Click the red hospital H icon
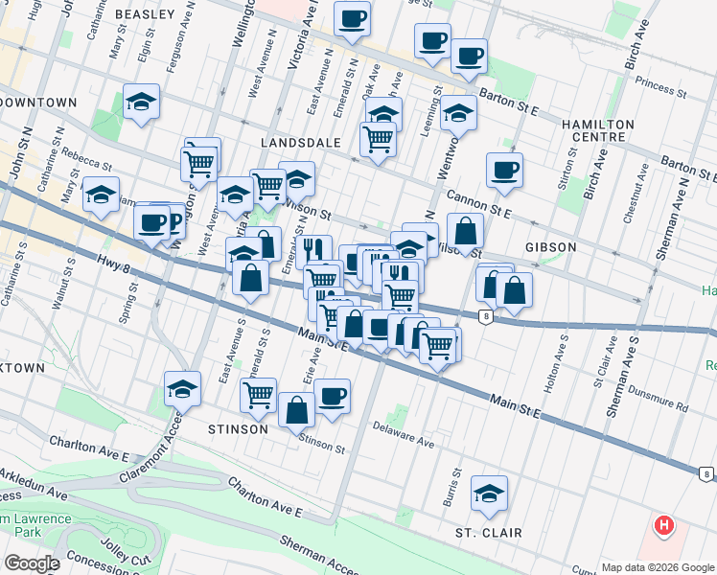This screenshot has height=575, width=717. tap(663, 526)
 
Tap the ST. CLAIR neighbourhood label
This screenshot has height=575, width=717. tap(489, 533)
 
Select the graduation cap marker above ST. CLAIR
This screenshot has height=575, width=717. tap(490, 494)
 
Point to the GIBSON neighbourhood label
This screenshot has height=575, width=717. tap(550, 247)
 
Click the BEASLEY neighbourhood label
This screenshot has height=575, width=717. tap(145, 14)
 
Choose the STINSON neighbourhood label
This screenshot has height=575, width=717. tap(238, 429)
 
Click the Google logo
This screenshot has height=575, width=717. tap(32, 563)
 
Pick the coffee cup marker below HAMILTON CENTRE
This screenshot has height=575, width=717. tap(504, 172)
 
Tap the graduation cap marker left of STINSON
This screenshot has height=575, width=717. tap(181, 389)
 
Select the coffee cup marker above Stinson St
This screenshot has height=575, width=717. tap(332, 396)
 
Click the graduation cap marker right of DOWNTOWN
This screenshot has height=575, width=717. tap(141, 103)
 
